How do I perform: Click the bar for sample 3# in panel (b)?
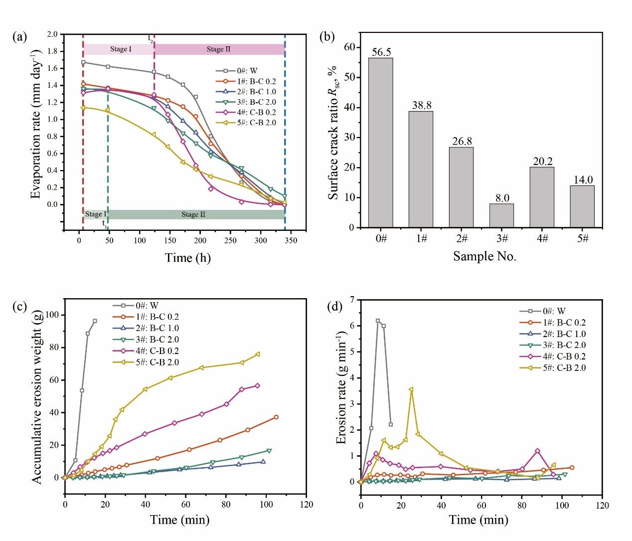pos(501,215)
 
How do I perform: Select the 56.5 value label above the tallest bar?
pos(381,52)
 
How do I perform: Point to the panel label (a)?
pos(20,36)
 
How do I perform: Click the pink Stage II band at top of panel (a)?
pos(219,49)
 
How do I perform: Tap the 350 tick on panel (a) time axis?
pos(291,240)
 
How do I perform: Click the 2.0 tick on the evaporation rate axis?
pos(52,34)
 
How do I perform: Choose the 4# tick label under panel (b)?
pos(542,238)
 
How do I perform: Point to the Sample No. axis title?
pos(484,256)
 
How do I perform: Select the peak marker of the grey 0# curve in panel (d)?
pos(378,321)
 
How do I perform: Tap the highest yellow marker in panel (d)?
pos(411,389)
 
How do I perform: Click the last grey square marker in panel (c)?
pos(95,321)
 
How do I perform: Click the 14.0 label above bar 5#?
pos(583,180)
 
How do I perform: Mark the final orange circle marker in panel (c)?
pos(276,417)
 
